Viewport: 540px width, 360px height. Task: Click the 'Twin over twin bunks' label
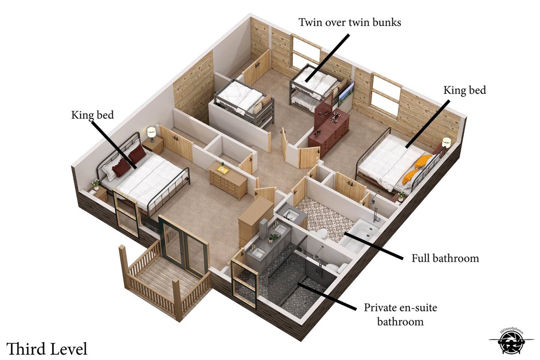coord(350,22)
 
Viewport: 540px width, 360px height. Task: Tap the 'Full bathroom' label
coord(445,258)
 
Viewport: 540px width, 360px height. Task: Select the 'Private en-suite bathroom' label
coord(400,315)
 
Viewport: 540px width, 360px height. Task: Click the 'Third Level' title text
coord(46,349)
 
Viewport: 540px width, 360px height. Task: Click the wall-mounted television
coord(346,94)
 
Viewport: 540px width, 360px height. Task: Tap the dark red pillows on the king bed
coord(130,160)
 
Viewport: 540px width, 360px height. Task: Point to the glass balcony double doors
coord(183,246)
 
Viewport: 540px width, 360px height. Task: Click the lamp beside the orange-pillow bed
coord(446,143)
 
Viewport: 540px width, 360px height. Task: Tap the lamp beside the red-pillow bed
coord(151,134)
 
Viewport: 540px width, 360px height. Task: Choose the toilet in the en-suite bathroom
coord(337,267)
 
